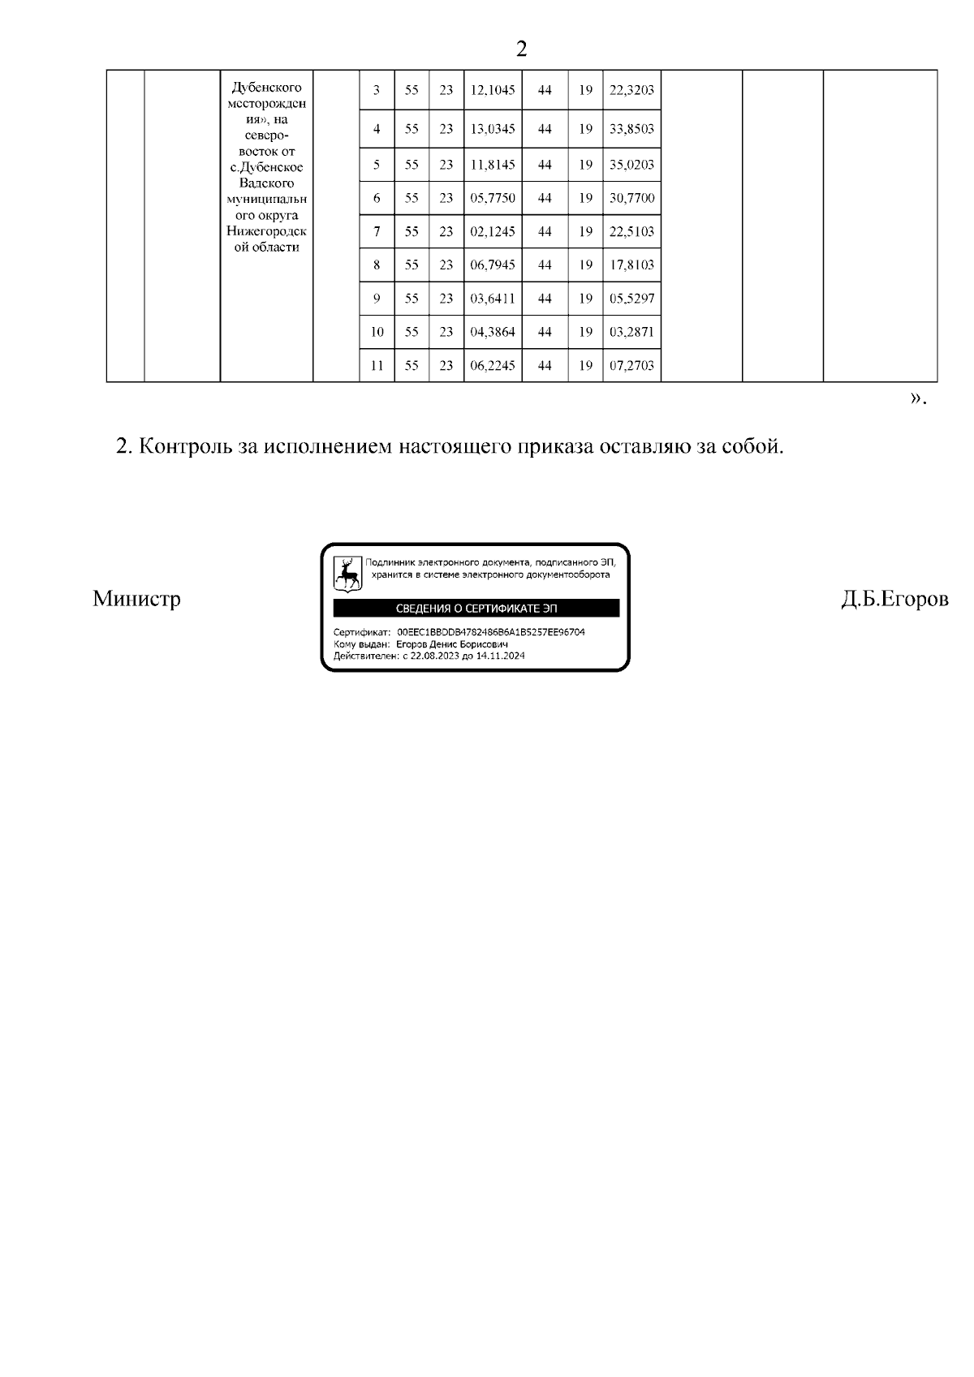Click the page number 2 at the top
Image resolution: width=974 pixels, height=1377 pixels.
click(x=521, y=49)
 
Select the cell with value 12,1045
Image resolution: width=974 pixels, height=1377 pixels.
click(x=493, y=90)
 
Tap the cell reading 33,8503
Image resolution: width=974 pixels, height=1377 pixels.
click(x=631, y=129)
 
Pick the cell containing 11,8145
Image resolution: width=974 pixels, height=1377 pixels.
click(x=493, y=165)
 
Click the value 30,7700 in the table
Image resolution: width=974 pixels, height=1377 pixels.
click(x=631, y=198)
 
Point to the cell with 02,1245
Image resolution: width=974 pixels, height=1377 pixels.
click(x=493, y=231)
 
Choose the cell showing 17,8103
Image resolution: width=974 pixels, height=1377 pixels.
click(x=631, y=265)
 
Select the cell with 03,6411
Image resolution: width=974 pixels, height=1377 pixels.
click(x=493, y=298)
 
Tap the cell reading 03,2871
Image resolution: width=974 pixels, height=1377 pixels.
click(x=631, y=332)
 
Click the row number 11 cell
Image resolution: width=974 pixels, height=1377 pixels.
click(x=377, y=365)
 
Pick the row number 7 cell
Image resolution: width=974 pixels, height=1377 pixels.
click(x=377, y=231)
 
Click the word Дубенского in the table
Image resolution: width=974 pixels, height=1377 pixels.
click(x=267, y=87)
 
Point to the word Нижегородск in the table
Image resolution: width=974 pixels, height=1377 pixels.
click(x=267, y=231)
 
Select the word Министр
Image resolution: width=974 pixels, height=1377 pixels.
click(x=136, y=599)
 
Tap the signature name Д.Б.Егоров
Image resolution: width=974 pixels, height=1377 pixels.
click(x=894, y=599)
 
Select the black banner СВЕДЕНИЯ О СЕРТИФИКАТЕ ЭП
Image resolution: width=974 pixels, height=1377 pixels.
click(x=476, y=609)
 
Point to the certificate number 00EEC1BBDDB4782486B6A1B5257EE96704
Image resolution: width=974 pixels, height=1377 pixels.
click(x=491, y=632)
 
